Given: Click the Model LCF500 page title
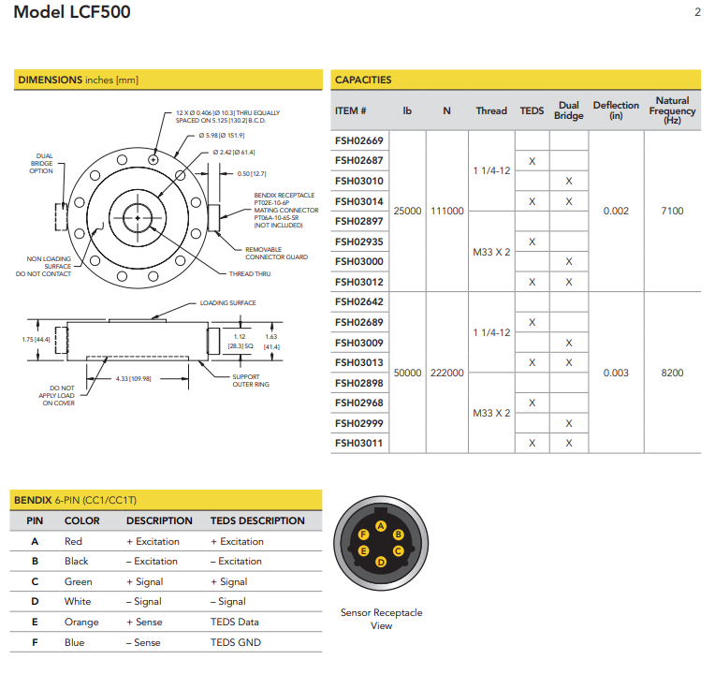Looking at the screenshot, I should click(72, 13).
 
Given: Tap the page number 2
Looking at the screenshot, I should click(697, 12).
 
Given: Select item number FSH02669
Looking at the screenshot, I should click(358, 140).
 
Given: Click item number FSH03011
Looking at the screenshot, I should click(358, 443).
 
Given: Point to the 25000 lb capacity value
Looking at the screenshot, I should click(407, 211).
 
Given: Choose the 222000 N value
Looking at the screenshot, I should click(446, 373).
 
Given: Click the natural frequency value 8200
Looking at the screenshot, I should click(672, 373).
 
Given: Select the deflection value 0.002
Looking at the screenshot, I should click(616, 211).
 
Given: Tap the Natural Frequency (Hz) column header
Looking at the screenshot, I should click(672, 110).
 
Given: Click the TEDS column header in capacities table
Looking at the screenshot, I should click(532, 110).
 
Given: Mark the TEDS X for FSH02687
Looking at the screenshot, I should click(532, 161).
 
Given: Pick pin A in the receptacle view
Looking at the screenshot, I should click(380, 526).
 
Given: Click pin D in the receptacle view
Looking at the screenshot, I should click(380, 562).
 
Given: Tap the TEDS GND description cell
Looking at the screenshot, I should click(236, 642).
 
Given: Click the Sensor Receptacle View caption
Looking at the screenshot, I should click(381, 619).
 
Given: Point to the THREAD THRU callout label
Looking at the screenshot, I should click(249, 274).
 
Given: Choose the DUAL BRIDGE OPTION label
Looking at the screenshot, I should click(41, 164).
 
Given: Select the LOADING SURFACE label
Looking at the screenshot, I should click(227, 303).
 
